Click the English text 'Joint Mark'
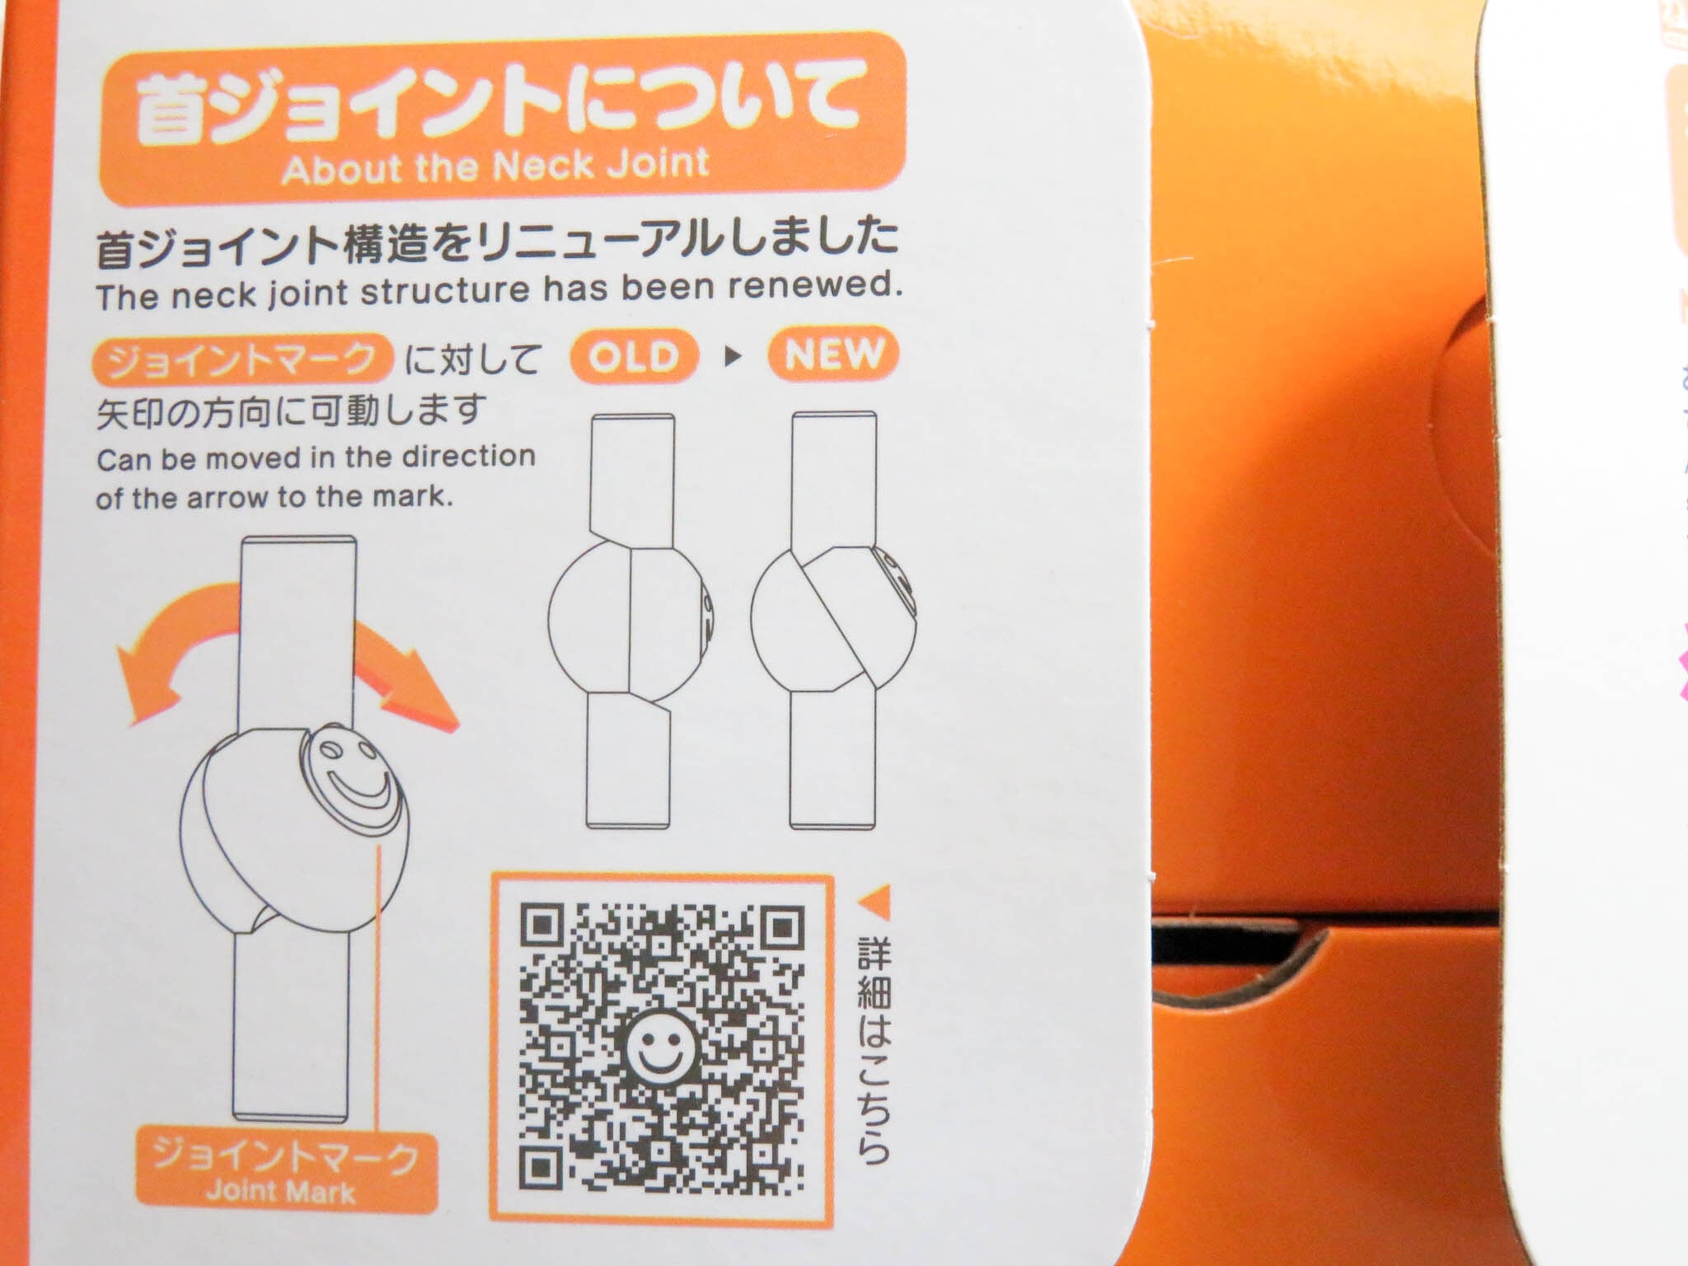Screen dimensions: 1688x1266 tap(281, 1191)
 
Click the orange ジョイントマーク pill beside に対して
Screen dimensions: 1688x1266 tap(243, 359)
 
